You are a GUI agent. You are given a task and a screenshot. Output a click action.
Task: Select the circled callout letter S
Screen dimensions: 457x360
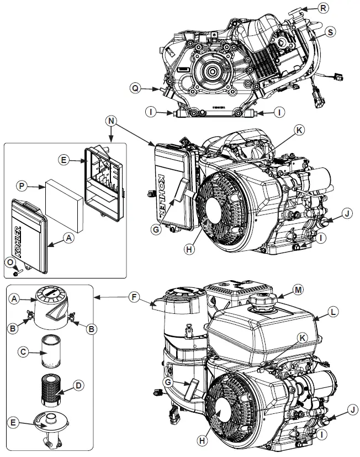point(330,33)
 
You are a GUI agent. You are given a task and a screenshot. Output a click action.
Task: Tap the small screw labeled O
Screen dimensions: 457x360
point(19,271)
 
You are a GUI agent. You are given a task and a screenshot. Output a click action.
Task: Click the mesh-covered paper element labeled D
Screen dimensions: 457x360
point(51,388)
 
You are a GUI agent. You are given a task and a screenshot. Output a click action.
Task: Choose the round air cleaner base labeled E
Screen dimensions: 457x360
point(51,424)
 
